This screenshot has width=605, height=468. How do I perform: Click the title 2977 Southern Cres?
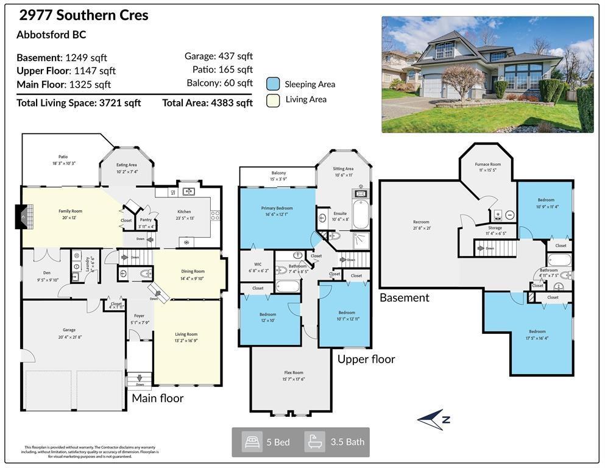point(83,15)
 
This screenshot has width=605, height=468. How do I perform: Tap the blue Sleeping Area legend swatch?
point(273,84)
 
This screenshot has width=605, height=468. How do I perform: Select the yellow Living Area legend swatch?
point(273,100)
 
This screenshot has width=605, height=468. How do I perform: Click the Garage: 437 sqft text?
point(218,56)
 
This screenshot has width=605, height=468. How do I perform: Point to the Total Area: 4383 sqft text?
point(207,103)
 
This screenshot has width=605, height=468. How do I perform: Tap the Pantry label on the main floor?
point(146,220)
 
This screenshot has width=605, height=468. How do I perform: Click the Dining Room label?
point(193,271)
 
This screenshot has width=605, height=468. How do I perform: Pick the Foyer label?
point(139,316)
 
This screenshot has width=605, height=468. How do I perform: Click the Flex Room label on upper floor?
point(293,372)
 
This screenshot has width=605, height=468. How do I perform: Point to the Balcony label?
point(278,173)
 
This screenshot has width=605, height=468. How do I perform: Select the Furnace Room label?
point(487,165)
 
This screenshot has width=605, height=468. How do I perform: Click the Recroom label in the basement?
point(421,222)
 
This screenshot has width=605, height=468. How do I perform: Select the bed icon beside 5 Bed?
point(252,442)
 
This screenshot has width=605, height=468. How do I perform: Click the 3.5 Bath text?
point(347,442)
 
